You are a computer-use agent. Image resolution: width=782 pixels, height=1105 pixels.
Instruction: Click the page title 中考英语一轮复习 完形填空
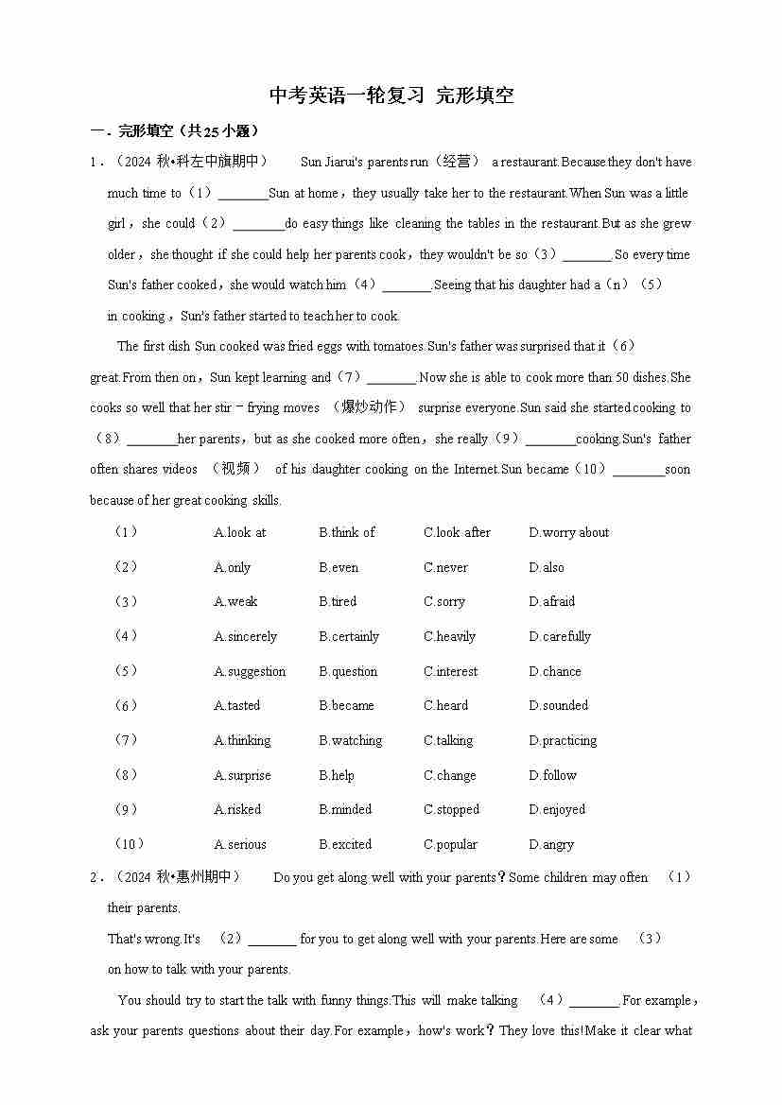click(391, 95)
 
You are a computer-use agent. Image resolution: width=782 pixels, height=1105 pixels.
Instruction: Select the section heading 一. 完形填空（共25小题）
click(174, 131)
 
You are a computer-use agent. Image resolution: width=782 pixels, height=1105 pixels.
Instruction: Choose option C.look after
click(457, 532)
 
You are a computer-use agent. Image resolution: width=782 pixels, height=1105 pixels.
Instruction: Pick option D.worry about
click(568, 532)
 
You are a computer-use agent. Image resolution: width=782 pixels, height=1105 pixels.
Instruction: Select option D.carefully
click(560, 636)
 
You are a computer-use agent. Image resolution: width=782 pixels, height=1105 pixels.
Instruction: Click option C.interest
click(451, 671)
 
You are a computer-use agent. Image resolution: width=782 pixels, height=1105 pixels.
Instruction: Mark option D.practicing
click(563, 740)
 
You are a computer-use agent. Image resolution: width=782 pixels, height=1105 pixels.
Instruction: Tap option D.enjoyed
click(557, 809)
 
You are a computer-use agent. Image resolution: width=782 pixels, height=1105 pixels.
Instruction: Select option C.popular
click(450, 844)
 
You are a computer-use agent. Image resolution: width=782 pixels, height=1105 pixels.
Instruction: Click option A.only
click(232, 567)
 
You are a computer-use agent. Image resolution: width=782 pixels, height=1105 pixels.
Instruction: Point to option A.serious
click(240, 844)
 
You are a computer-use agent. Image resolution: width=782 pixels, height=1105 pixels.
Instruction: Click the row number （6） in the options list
click(126, 705)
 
